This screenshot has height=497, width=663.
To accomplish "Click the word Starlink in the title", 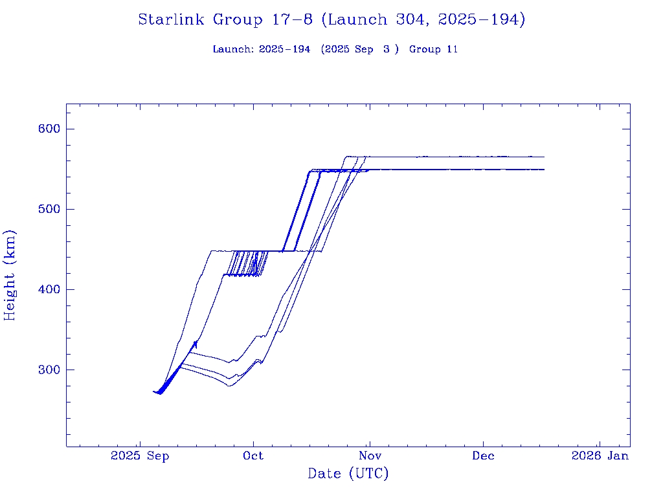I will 172,20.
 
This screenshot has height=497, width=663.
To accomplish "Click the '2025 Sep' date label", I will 140,456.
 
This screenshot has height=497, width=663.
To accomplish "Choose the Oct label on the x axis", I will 253,456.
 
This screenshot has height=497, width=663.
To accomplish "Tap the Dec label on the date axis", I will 483,456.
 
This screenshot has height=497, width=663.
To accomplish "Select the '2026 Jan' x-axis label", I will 599,456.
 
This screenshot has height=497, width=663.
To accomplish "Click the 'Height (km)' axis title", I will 10,275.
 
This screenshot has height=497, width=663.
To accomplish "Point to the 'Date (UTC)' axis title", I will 348,474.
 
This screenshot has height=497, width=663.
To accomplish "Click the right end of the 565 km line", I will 544,157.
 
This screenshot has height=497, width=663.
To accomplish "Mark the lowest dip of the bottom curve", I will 229,386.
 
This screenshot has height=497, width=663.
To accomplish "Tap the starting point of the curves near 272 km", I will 153,392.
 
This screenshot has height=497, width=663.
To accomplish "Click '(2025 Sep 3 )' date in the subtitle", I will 359,49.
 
